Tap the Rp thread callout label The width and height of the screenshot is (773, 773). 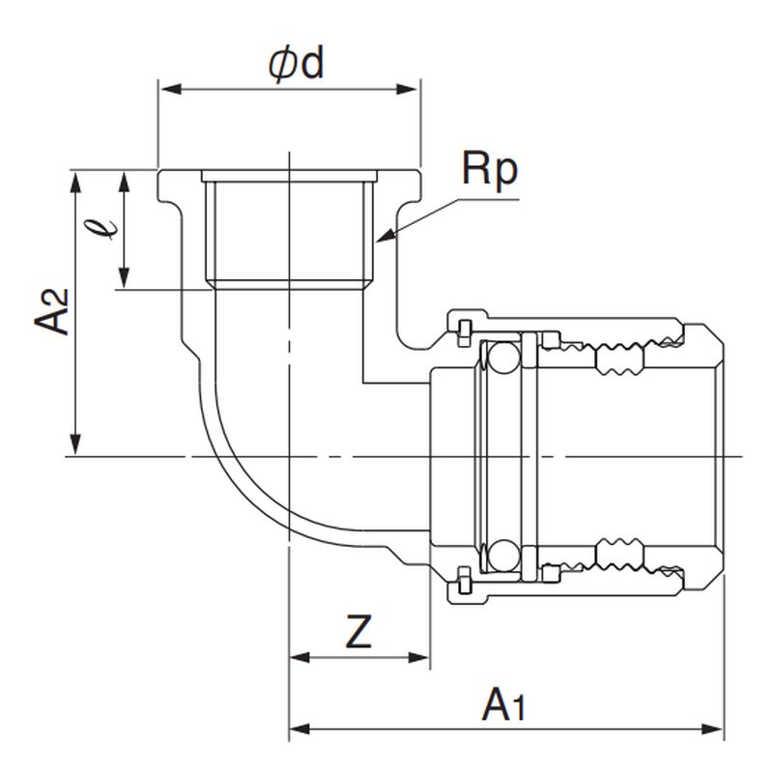point(489,170)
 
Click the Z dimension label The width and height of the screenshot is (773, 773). point(358,633)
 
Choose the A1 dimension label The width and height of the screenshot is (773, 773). point(504,704)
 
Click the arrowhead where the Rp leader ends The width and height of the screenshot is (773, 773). point(384,237)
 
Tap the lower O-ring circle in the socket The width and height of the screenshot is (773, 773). point(501,555)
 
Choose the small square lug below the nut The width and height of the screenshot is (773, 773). point(462,583)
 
